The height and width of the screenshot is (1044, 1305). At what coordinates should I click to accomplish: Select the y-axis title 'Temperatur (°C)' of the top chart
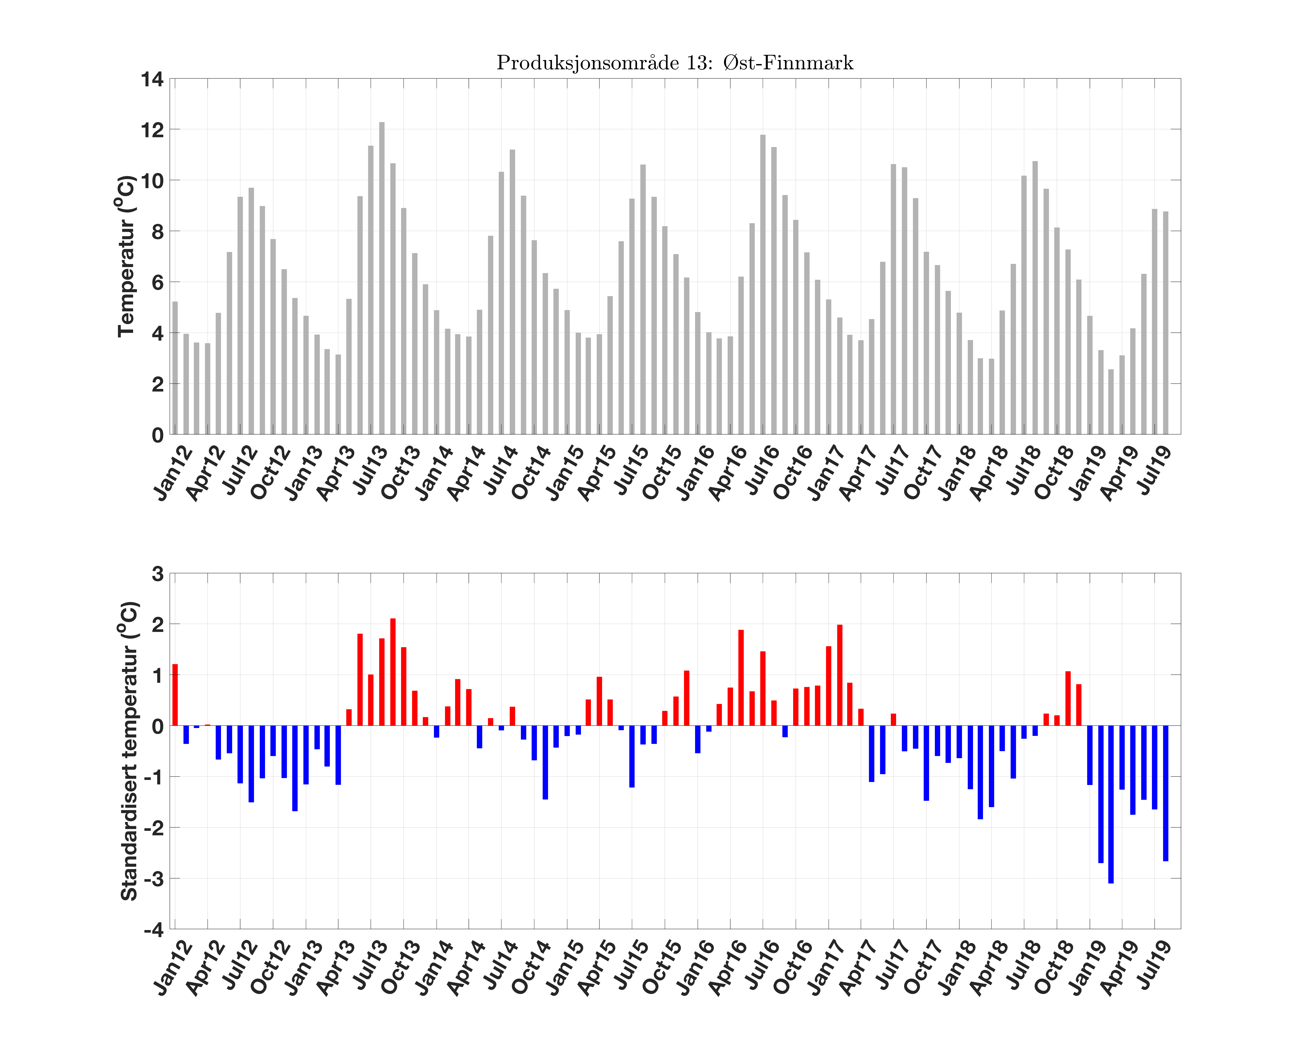[125, 256]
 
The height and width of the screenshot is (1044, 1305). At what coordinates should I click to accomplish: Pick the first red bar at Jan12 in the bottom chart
[175, 695]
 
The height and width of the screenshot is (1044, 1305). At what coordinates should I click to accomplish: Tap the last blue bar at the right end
[1165, 793]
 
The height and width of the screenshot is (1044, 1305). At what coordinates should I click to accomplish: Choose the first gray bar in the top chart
[175, 368]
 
